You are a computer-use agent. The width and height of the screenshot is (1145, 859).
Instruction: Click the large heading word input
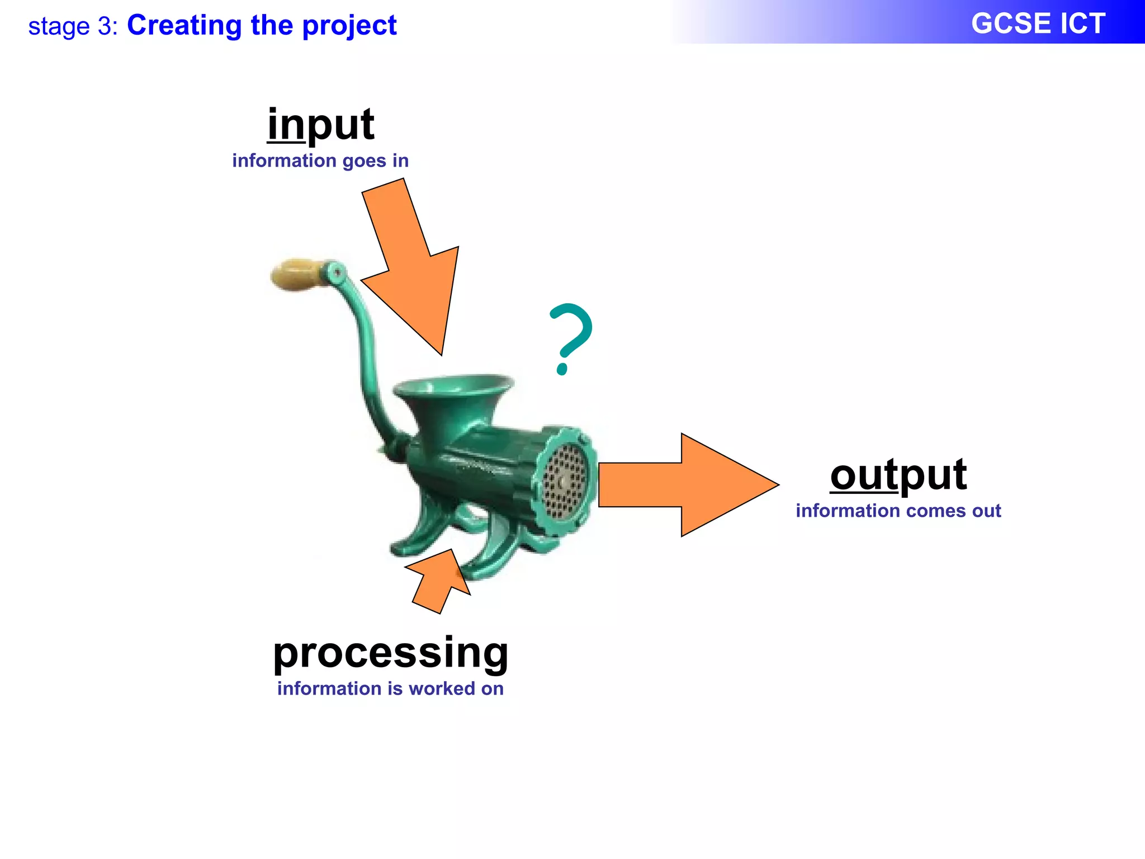pos(320,125)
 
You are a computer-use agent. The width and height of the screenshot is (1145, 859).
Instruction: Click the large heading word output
pos(898,475)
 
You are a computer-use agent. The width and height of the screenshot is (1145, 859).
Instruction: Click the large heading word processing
pos(390,653)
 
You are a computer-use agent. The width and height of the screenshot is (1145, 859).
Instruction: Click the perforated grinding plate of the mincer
pos(565,480)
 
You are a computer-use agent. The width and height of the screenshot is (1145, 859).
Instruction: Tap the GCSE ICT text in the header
pos(1038,24)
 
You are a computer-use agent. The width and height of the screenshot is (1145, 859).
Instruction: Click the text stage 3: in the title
pos(73,26)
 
